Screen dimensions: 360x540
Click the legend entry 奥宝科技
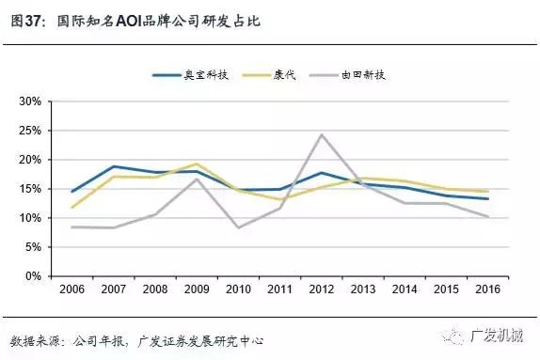[202, 74]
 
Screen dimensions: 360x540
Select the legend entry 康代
[283, 74]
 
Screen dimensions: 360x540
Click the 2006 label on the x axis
[71, 290]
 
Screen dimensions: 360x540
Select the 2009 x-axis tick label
[195, 290]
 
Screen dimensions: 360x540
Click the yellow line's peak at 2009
[196, 164]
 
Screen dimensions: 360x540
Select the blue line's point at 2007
[113, 166]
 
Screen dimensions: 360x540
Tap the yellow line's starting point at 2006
[71, 207]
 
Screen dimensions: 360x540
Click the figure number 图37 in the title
[24, 18]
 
